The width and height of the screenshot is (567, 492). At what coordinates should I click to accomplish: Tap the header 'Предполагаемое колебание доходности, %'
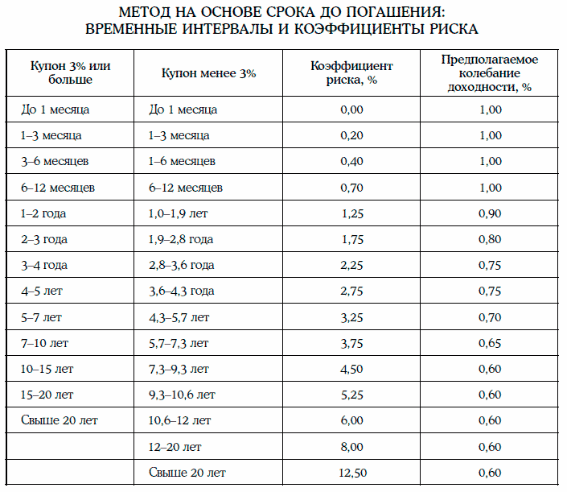click(x=489, y=73)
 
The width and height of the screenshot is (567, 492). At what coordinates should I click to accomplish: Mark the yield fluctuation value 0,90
click(x=489, y=213)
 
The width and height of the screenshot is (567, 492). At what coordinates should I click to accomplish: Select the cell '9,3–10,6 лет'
click(x=183, y=395)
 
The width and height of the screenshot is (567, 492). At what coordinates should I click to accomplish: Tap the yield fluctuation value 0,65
click(x=489, y=343)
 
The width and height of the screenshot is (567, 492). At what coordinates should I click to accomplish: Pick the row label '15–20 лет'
click(x=47, y=395)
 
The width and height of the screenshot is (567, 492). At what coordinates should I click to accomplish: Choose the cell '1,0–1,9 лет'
click(x=180, y=213)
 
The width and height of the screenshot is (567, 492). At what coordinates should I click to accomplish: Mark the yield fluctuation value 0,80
click(x=489, y=239)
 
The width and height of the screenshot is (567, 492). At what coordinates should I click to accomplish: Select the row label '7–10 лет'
click(x=45, y=343)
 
